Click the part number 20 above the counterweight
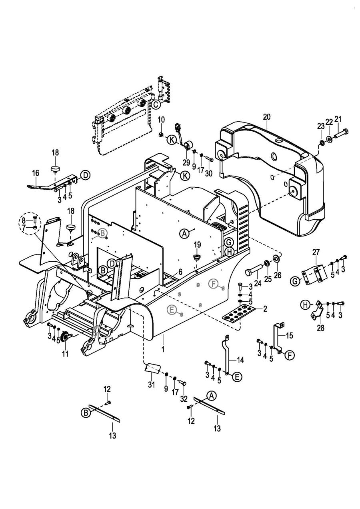tap(267, 117)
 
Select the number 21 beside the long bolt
tap(338, 119)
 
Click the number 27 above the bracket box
tap(316, 252)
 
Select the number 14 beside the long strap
tap(240, 360)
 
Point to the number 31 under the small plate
tap(151, 385)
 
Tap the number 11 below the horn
tap(65, 354)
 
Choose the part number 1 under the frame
tap(163, 349)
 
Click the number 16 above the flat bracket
tap(36, 173)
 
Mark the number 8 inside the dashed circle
tap(24, 220)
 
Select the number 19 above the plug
tap(197, 245)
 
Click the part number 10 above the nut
tap(161, 119)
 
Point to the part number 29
tap(186, 163)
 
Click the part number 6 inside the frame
tap(180, 272)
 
